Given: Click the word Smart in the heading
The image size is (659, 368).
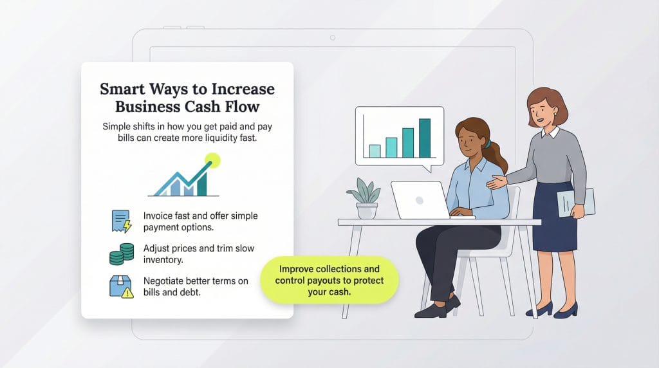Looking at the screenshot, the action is (x=122, y=89).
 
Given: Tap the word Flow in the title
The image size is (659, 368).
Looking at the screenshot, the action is (x=242, y=107).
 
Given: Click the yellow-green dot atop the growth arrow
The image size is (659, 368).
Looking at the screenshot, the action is (x=212, y=160).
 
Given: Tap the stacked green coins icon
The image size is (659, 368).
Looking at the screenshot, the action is (x=122, y=253).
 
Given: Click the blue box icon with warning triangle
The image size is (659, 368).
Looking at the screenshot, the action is (x=121, y=286).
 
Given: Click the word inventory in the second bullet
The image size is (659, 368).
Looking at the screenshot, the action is (x=163, y=260).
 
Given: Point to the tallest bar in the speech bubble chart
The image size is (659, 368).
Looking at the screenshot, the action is (x=425, y=138).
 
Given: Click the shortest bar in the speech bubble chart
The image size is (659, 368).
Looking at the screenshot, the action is (x=375, y=151).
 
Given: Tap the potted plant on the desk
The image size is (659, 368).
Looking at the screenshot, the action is (x=366, y=198).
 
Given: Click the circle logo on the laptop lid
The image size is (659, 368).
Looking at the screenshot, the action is (x=420, y=200).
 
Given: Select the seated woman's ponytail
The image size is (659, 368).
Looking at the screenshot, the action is (x=497, y=156).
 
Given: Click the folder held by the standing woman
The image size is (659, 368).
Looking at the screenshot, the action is (x=575, y=203).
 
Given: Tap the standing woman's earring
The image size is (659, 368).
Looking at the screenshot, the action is (x=555, y=113).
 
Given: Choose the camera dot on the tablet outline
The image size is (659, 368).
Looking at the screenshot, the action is (x=333, y=38).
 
